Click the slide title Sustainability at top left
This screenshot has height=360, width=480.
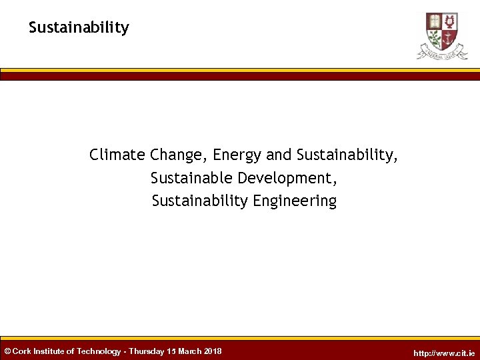(79, 28)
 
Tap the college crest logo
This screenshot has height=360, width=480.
(442, 35)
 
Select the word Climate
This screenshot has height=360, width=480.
(117, 155)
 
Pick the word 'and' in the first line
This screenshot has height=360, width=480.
(279, 155)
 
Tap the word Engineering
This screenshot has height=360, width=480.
(295, 201)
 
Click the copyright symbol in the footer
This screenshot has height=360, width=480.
(7, 351)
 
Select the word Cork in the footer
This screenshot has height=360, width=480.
(22, 351)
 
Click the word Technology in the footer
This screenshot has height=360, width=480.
(99, 351)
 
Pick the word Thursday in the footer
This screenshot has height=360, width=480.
(147, 351)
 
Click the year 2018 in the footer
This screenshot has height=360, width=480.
(214, 351)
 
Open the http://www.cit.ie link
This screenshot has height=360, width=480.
(444, 353)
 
